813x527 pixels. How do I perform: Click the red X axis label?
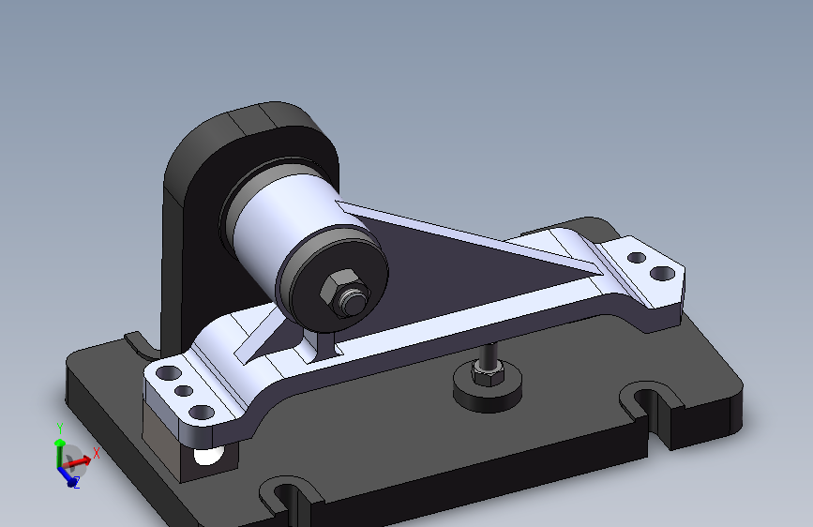click(x=96, y=453)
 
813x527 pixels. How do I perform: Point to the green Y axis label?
click(x=60, y=429)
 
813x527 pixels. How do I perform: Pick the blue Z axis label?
click(x=77, y=484)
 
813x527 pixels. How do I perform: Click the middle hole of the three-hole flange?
click(x=184, y=391)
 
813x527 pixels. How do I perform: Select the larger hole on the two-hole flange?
click(x=662, y=273)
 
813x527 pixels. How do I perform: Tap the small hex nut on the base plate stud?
click(x=488, y=372)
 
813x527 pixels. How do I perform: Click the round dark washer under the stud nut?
click(x=488, y=392)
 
